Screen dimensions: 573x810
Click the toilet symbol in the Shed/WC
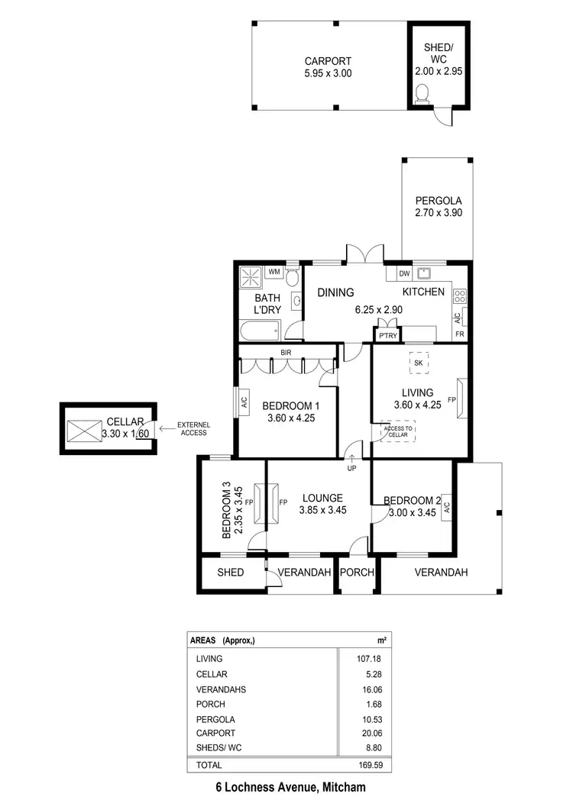point(422,93)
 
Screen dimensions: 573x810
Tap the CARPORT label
point(327,62)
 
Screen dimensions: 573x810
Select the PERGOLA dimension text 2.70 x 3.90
point(439,213)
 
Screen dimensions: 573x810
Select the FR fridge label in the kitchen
point(460,334)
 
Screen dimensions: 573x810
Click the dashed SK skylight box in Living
point(418,363)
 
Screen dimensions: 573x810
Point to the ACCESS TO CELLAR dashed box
point(397,432)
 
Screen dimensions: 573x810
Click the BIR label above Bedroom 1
point(286,353)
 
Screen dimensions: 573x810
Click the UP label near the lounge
point(352,468)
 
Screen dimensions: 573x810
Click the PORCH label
point(355,573)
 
